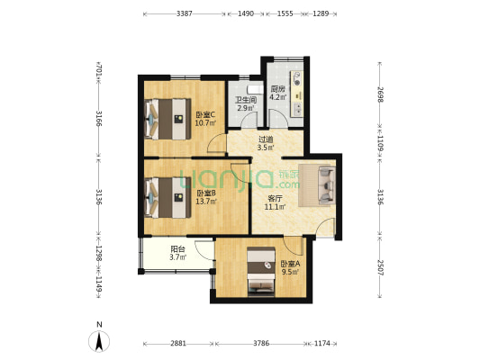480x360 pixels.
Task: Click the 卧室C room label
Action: (x=205, y=118)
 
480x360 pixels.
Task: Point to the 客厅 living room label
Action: (x=276, y=202)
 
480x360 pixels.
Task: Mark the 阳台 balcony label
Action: (x=177, y=254)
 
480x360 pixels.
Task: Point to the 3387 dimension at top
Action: (x=184, y=13)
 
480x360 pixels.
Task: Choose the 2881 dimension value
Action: (x=178, y=342)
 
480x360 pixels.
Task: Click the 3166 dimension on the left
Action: (x=98, y=120)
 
